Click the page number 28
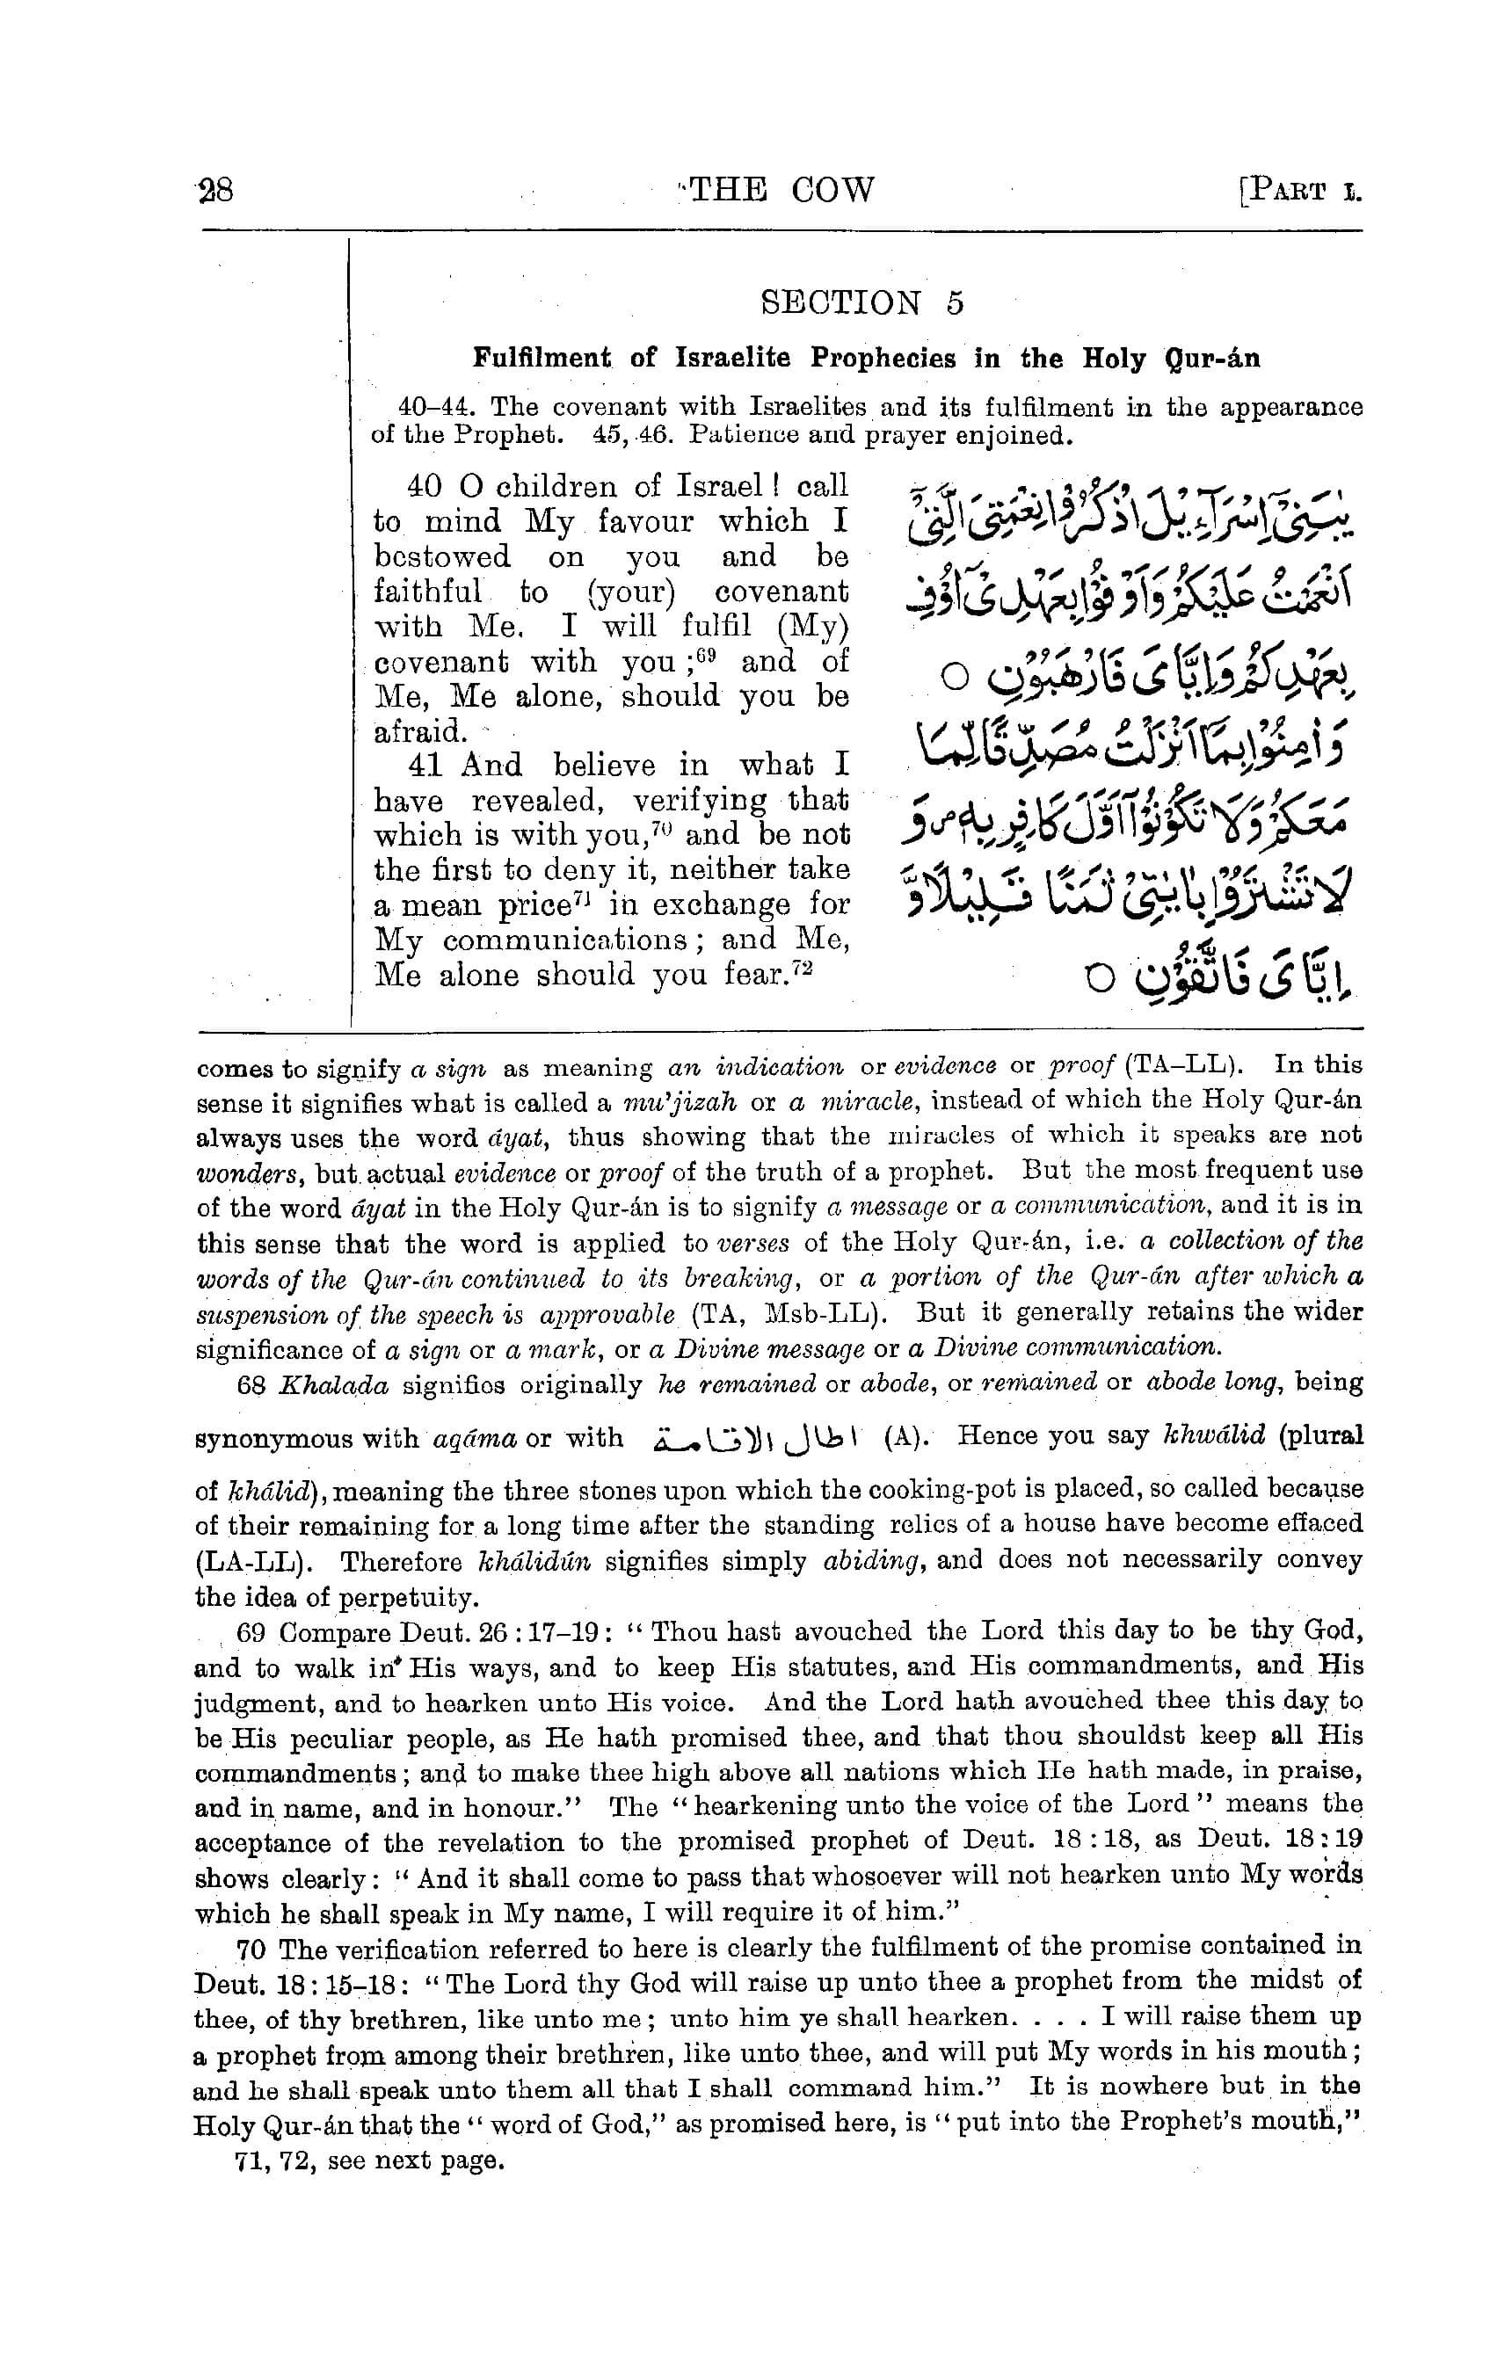pyautogui.click(x=216, y=190)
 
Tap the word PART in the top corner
pyautogui.click(x=1288, y=191)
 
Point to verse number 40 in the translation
pyautogui.click(x=425, y=486)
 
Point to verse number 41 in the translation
pyautogui.click(x=425, y=765)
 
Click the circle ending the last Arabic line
pyautogui.click(x=1099, y=980)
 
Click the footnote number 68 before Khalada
pyautogui.click(x=251, y=1385)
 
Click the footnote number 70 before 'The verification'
pyautogui.click(x=252, y=1950)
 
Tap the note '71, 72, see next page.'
pyautogui.click(x=369, y=2160)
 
